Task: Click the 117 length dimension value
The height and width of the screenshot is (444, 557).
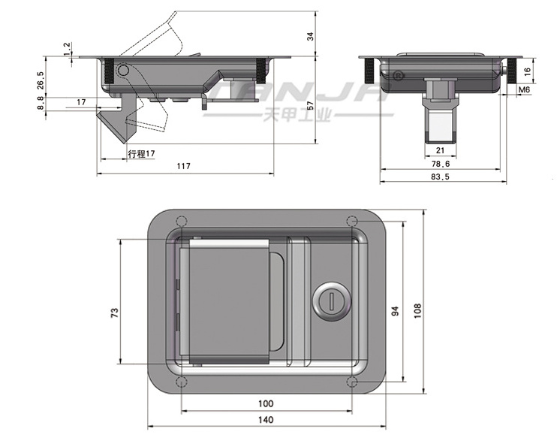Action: pyautogui.click(x=184, y=167)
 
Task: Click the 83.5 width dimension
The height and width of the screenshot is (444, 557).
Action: pyautogui.click(x=441, y=177)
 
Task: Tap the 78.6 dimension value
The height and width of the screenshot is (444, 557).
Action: pyautogui.click(x=441, y=163)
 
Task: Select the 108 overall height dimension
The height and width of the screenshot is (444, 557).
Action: pyautogui.click(x=417, y=310)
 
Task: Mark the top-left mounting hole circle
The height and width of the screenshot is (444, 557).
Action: pyautogui.click(x=180, y=222)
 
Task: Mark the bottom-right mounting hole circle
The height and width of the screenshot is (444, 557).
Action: pyautogui.click(x=353, y=385)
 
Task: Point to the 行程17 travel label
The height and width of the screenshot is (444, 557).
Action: pyautogui.click(x=141, y=153)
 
